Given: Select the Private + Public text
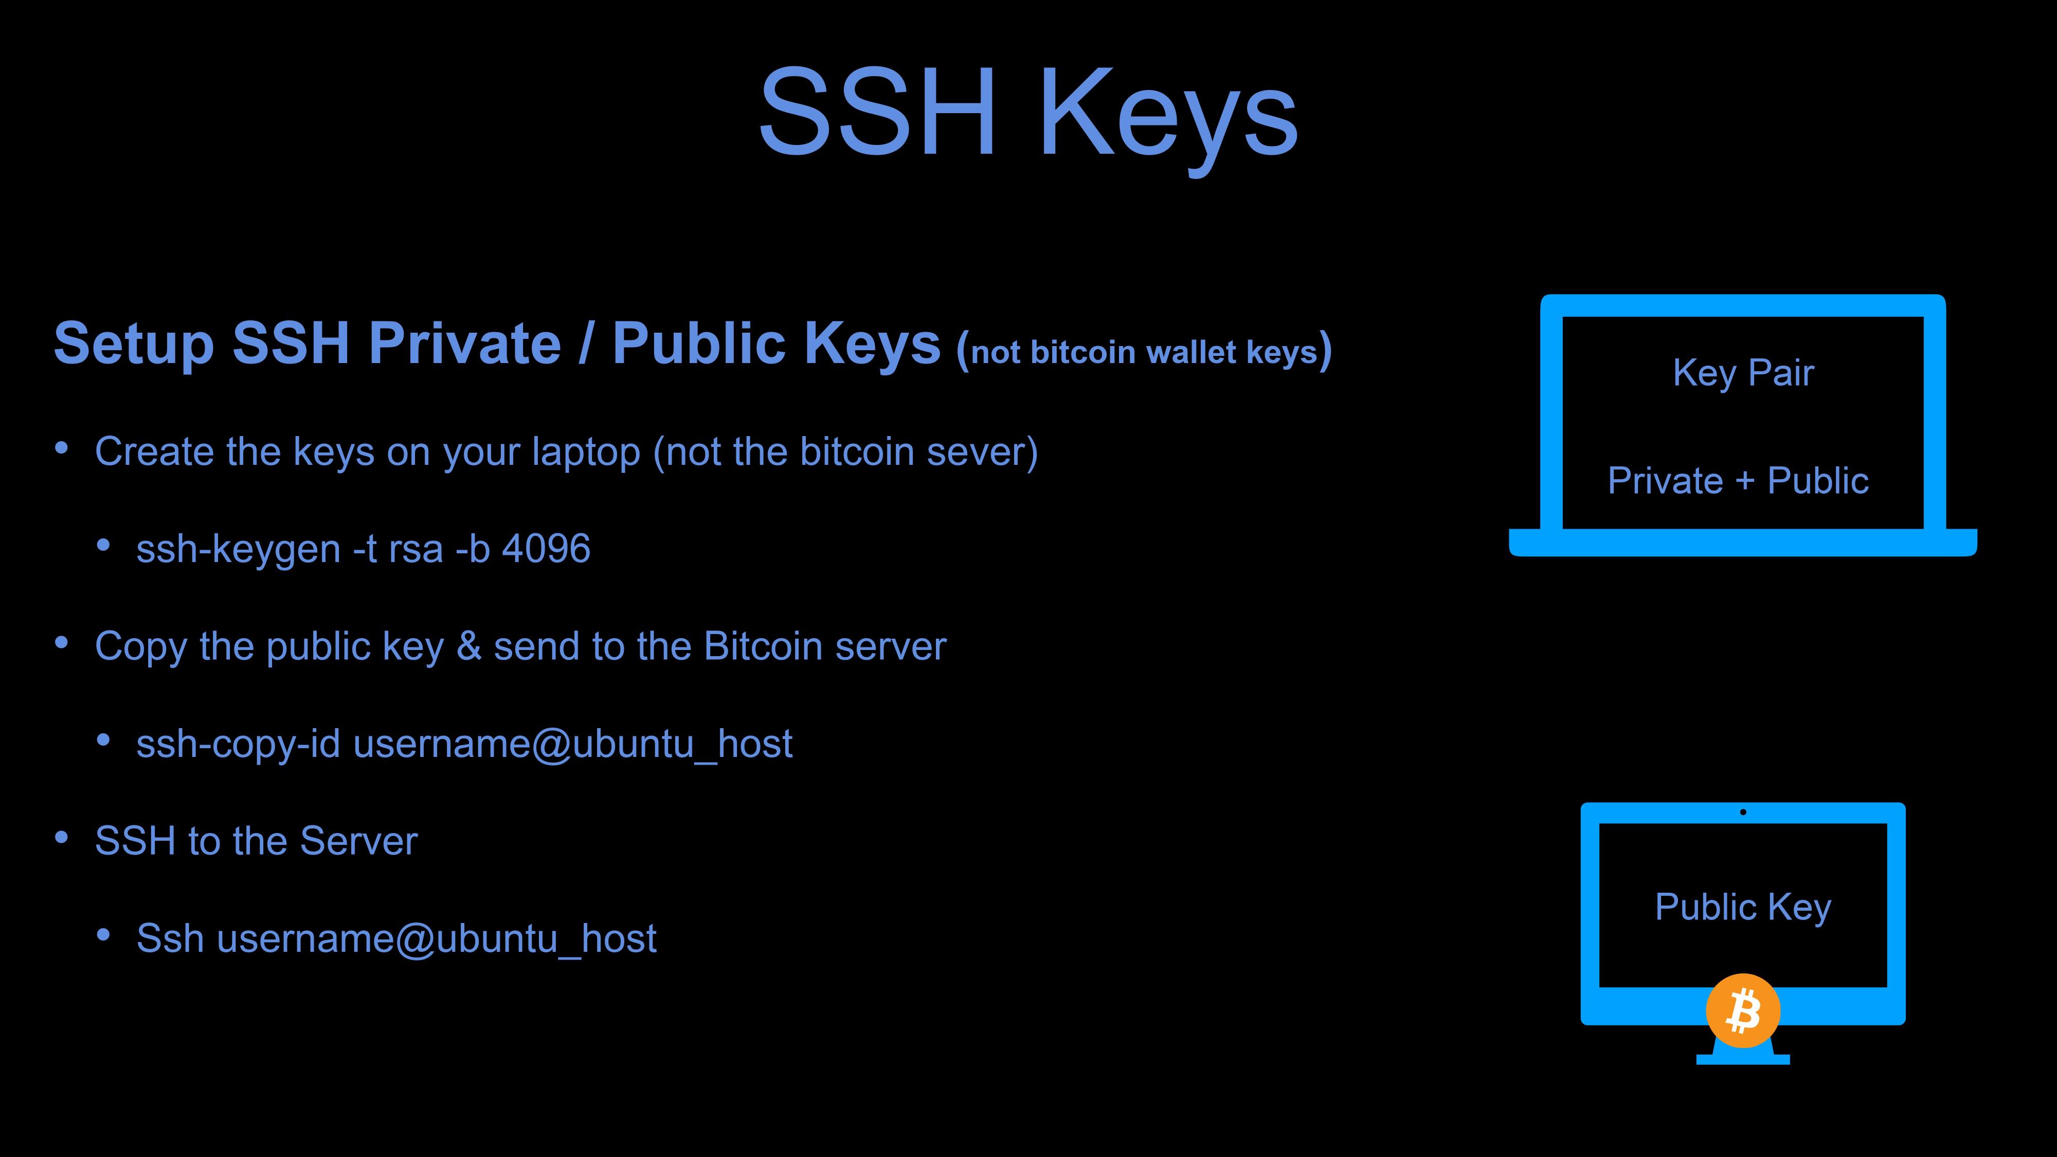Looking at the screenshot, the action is tap(1738, 481).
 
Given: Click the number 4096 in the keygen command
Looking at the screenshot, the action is tap(546, 549).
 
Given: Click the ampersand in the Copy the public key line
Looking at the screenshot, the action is tap(468, 646).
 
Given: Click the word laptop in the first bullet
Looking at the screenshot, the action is tap(586, 453).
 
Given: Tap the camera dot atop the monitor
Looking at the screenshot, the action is tap(1743, 812).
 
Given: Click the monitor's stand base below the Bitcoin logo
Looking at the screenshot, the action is tap(1743, 1060).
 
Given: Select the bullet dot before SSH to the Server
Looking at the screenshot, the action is tap(62, 838).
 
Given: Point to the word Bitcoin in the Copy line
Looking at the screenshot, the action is tap(763, 646).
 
